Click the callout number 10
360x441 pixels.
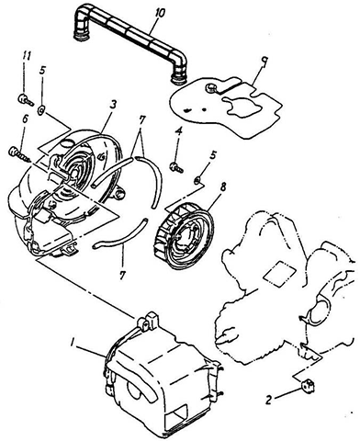point(160,14)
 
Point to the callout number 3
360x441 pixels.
point(113,105)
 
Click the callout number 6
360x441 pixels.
point(25,120)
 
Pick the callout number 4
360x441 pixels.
point(179,132)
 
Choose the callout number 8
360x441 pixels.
point(222,187)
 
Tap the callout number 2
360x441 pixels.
point(268,401)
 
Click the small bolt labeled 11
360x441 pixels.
point(26,99)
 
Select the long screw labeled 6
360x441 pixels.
point(19,154)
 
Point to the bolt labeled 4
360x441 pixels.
point(175,166)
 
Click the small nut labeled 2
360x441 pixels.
point(308,385)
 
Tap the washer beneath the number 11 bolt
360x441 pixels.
point(41,110)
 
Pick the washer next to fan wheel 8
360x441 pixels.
point(198,180)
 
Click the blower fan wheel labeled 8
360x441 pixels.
point(184,235)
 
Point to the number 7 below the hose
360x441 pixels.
point(122,275)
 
